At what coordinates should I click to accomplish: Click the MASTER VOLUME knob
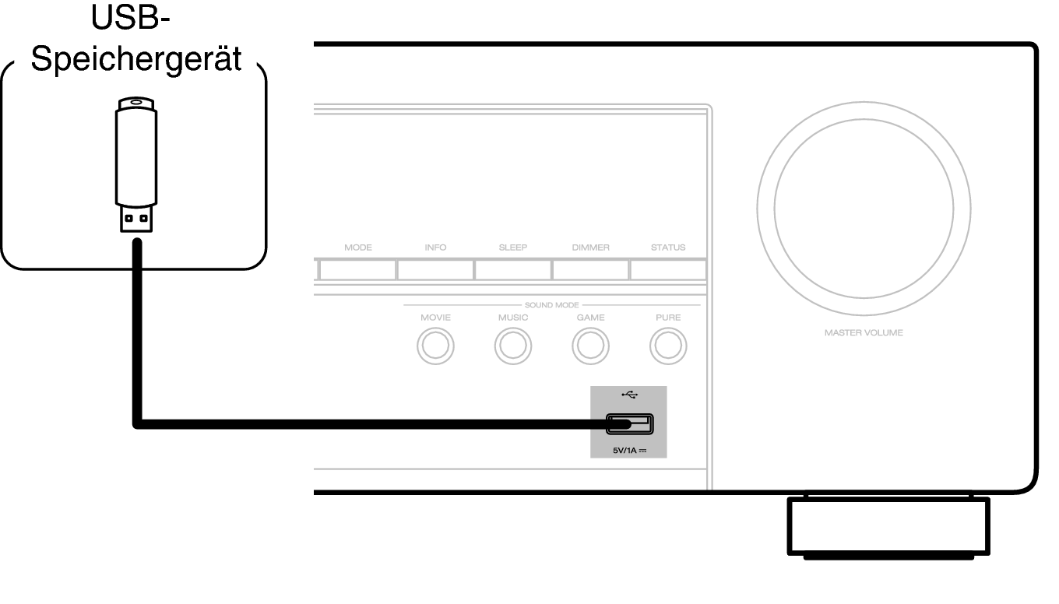864,208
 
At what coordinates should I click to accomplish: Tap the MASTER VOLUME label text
864,333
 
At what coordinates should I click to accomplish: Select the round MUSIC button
513,346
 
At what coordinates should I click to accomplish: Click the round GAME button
590,346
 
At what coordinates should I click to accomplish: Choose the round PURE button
668,346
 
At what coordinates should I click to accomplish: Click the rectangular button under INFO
435,270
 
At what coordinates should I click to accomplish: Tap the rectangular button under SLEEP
513,270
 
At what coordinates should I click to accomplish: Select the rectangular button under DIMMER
590,270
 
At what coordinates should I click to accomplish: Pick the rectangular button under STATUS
668,270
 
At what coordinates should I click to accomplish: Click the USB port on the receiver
630,424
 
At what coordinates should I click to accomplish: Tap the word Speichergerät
137,60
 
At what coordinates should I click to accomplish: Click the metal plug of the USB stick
136,219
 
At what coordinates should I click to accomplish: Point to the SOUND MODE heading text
551,305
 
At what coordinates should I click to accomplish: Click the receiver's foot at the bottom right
888,527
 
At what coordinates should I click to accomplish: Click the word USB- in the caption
131,19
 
